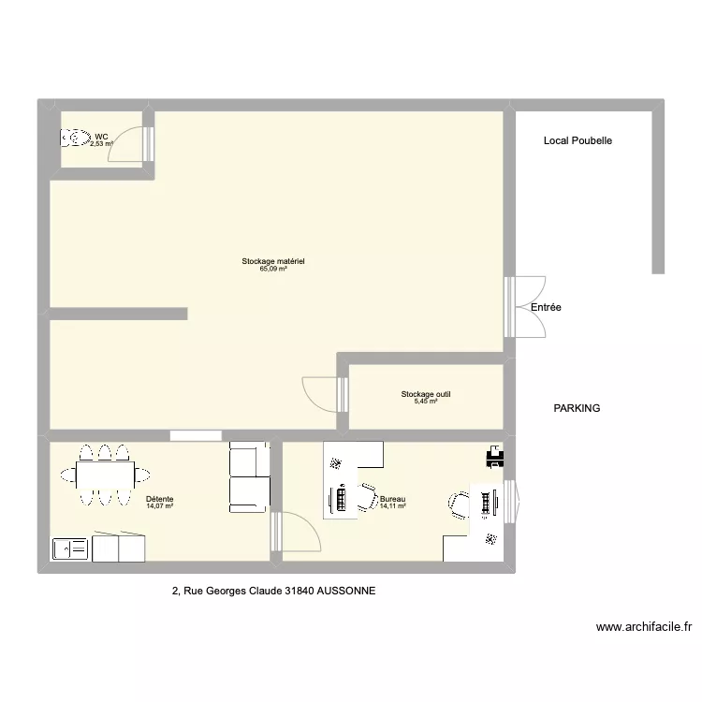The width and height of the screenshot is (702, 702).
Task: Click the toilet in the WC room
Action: point(76,138)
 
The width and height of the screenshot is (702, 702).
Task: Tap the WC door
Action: point(131,144)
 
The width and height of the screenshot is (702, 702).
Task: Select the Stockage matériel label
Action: point(273,261)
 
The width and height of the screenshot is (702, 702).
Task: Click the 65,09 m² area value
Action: point(273,269)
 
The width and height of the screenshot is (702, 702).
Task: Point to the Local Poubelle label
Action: point(578,140)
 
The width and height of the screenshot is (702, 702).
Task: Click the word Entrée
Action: point(546,307)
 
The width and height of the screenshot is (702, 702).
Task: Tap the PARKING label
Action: point(577,408)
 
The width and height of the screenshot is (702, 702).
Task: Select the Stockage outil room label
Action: point(426,394)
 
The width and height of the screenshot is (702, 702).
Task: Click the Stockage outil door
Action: point(325,394)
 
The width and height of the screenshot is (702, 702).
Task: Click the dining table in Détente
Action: point(105,475)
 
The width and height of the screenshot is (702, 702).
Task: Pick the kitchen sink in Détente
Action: point(70,548)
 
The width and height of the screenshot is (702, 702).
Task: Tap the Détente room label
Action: point(160,499)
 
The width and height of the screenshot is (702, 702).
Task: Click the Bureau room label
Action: point(392,499)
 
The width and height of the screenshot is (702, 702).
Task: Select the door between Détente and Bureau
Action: point(297,532)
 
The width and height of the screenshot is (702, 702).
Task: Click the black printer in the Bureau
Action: point(495,457)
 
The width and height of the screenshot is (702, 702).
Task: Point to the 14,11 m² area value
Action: point(393,506)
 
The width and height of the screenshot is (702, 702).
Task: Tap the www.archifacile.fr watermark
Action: point(644,627)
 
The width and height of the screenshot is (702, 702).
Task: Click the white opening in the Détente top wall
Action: point(197,435)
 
